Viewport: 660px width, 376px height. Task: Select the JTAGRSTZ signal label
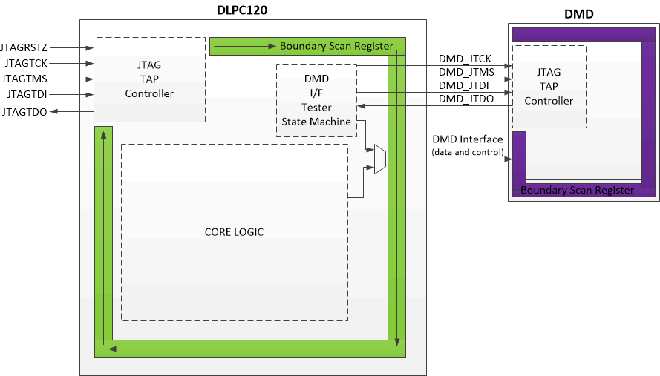click(x=24, y=48)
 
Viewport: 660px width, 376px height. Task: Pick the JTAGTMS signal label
click(x=25, y=79)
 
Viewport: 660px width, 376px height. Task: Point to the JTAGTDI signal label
click(x=27, y=94)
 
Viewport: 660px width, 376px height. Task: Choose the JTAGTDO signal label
click(x=25, y=112)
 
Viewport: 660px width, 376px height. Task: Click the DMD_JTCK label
click(x=465, y=59)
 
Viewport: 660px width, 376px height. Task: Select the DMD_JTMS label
click(x=465, y=72)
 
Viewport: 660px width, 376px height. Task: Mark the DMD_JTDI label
click(x=464, y=85)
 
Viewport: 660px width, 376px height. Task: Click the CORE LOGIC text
click(x=234, y=232)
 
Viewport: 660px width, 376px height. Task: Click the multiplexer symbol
click(x=379, y=159)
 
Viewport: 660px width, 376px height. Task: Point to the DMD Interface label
click(x=467, y=139)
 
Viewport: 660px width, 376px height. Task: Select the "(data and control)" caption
click(x=467, y=152)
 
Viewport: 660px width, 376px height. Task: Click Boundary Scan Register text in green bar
click(x=336, y=46)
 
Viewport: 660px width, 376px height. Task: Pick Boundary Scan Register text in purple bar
click(x=577, y=190)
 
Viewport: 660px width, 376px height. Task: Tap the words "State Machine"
click(x=316, y=122)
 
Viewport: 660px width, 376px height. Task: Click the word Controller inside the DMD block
click(x=549, y=100)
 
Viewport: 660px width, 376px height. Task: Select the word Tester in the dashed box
click(x=316, y=108)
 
